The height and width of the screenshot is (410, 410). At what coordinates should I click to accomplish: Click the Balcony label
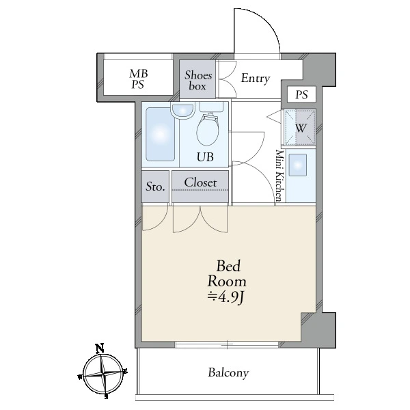[x=228, y=372]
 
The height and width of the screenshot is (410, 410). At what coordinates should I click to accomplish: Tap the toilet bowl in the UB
[x=207, y=131]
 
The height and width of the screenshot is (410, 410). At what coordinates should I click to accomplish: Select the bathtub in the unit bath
[x=160, y=134]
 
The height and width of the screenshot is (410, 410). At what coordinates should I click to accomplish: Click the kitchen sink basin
[x=297, y=165]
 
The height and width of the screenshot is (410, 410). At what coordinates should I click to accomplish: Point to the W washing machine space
[x=300, y=127]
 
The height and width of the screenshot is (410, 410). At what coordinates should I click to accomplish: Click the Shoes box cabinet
[x=197, y=79]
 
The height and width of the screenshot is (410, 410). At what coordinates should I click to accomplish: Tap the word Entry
[x=255, y=78]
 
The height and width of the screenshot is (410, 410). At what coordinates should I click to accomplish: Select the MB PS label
[x=138, y=79]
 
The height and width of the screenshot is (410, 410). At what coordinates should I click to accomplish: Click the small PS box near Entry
[x=301, y=94]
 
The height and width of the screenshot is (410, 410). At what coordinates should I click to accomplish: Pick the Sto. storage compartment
[x=155, y=187]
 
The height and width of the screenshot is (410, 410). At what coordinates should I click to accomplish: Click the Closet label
[x=200, y=182]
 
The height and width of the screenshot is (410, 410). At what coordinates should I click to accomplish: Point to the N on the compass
[x=100, y=348]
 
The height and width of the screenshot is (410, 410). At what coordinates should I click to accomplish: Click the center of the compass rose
[x=104, y=374]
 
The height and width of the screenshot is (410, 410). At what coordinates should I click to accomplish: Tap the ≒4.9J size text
[x=227, y=298]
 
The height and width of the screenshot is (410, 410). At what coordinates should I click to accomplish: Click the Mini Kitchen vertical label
[x=279, y=176]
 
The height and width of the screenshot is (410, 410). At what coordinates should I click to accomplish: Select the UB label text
[x=205, y=157]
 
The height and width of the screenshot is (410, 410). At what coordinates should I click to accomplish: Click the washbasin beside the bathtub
[x=182, y=111]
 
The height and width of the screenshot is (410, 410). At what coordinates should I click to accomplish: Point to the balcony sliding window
[x=227, y=344]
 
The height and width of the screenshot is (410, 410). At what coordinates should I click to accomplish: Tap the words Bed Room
[x=228, y=274]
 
